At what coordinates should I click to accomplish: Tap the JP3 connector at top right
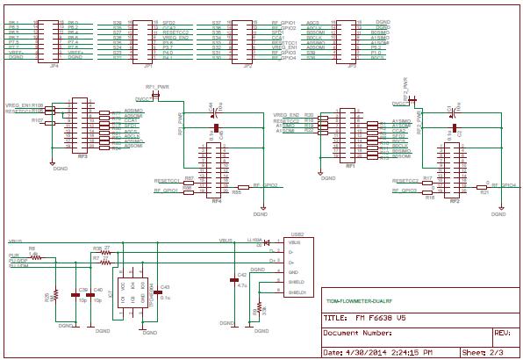[x=347, y=40]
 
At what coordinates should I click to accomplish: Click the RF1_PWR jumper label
[x=155, y=88]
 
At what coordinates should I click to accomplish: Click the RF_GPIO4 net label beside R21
[x=503, y=185]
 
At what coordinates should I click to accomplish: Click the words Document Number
[x=357, y=334]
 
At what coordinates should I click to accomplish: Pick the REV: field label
[x=503, y=334]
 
